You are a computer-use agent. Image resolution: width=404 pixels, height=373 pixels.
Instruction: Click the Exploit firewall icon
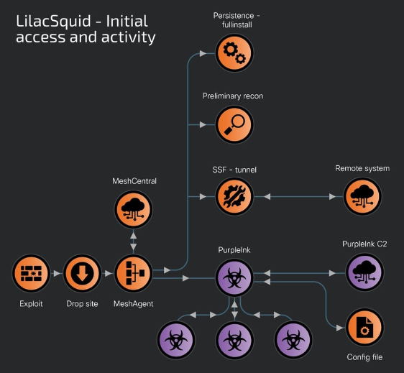31,273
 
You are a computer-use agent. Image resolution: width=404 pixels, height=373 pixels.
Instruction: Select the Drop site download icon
82,273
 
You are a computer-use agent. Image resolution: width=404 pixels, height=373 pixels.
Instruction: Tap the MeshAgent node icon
134,273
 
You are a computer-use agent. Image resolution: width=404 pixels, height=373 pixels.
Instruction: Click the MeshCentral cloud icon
134,209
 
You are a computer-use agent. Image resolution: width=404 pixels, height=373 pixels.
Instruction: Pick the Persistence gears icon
234,53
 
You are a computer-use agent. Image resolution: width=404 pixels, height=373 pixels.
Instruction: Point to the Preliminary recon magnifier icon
234,124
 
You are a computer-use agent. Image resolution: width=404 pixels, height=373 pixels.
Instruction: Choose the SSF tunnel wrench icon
234,196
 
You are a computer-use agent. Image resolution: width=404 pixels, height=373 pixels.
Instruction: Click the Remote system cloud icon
362,196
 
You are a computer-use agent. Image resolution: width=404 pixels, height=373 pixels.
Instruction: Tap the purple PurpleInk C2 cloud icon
364,272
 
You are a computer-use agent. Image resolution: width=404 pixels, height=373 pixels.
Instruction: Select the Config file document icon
364,327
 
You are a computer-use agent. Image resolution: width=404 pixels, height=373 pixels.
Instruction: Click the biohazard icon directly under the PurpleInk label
234,277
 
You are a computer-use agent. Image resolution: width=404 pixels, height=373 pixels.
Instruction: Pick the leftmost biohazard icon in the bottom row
176,340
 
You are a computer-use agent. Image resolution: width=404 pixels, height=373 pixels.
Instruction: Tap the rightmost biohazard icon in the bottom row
293,340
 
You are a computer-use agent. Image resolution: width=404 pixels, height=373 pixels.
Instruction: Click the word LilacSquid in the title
54,21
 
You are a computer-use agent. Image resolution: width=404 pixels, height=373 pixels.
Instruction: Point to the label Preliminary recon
233,96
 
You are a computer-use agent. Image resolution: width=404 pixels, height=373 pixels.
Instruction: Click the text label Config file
364,357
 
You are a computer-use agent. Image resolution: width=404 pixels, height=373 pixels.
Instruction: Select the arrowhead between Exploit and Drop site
57,273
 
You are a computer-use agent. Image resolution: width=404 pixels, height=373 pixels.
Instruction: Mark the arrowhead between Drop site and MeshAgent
109,273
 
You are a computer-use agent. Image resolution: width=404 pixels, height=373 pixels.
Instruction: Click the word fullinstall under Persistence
237,24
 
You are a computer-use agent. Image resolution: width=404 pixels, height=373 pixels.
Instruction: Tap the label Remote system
362,168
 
